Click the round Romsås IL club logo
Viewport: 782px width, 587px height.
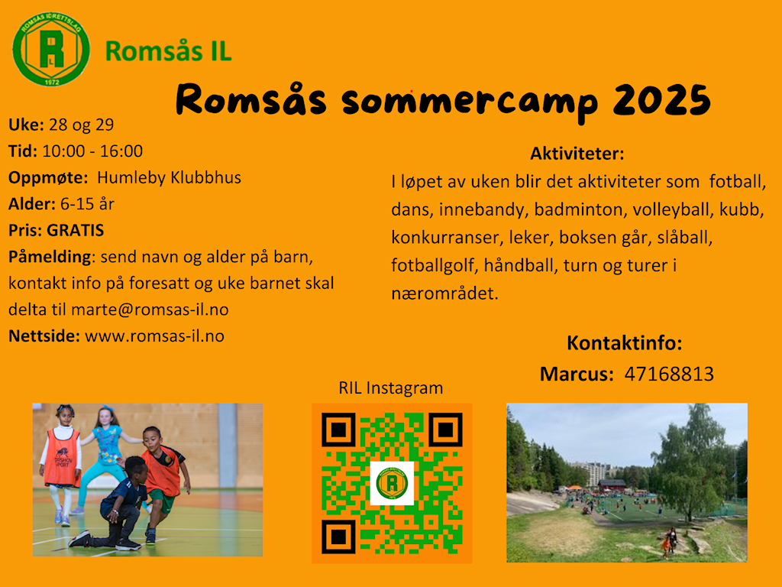[x=51, y=49]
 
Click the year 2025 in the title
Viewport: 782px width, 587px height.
[x=662, y=100]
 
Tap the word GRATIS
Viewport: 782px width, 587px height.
[x=76, y=230]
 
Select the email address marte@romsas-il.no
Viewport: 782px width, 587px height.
[x=150, y=310]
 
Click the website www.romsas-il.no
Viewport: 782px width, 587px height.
[x=154, y=336]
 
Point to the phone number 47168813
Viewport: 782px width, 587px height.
[x=669, y=374]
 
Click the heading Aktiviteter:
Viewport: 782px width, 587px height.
[x=577, y=153]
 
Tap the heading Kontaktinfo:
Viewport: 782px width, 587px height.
[x=625, y=343]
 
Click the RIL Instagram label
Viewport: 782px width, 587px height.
[x=391, y=388]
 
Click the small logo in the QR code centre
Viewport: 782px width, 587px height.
[x=392, y=483]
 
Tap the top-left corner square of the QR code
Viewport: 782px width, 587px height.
[x=338, y=430]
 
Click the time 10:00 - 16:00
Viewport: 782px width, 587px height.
[x=92, y=151]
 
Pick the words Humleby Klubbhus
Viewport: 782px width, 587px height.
[x=169, y=177]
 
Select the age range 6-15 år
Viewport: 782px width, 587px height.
[x=87, y=203]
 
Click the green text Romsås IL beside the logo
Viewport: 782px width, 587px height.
[x=169, y=51]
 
